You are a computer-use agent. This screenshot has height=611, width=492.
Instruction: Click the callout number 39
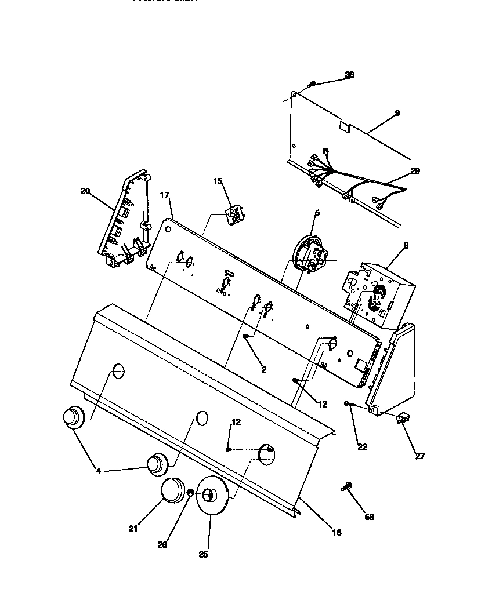point(349,75)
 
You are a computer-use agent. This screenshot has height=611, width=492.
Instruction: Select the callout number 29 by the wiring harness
point(415,171)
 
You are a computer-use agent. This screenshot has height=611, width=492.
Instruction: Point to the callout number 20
point(85,191)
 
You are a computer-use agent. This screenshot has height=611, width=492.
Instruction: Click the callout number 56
point(369,517)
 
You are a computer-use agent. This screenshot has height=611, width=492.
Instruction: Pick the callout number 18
point(337,532)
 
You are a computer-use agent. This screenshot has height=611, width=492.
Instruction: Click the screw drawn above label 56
point(348,486)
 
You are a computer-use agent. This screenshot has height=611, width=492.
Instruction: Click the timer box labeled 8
point(380,290)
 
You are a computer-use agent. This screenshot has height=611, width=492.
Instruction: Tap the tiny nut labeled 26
point(190,493)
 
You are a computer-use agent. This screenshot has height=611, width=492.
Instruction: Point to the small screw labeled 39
point(312,85)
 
